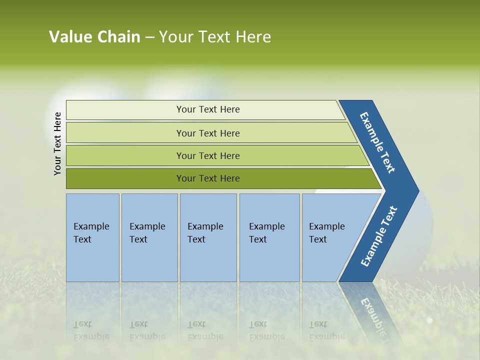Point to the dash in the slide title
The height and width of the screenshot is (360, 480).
click(x=149, y=37)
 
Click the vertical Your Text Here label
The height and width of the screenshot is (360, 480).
click(x=57, y=143)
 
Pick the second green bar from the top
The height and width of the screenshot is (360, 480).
click(x=207, y=133)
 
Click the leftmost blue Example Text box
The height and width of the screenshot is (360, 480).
click(x=92, y=237)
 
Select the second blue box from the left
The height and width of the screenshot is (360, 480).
click(x=149, y=237)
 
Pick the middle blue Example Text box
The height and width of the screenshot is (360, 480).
click(x=208, y=237)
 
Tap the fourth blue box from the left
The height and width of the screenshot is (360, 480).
click(x=269, y=237)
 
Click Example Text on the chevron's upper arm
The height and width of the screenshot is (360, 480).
click(x=377, y=142)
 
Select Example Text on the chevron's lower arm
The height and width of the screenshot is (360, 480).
click(x=379, y=236)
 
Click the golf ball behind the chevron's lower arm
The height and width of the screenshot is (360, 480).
click(x=425, y=235)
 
